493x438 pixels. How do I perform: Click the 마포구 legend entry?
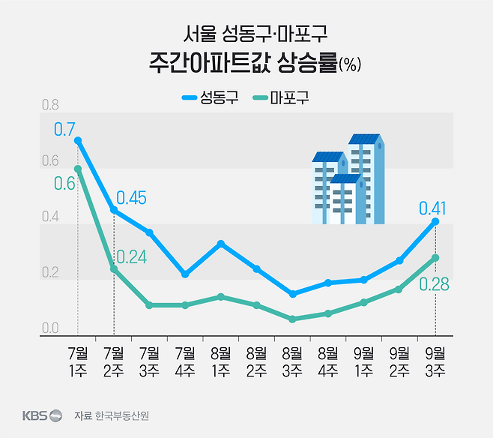282,97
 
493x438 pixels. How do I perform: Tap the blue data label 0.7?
64,130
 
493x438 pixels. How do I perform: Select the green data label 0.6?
64,184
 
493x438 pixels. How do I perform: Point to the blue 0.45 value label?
131,198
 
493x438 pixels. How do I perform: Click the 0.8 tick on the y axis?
50,104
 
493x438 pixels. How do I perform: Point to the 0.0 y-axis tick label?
50,328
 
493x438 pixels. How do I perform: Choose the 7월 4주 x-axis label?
185,360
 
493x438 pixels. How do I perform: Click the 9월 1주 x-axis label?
363,360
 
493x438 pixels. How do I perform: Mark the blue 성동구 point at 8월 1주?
220,244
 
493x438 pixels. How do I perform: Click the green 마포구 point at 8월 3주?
292,319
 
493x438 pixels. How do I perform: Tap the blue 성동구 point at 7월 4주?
185,274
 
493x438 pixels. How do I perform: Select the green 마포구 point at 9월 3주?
435,258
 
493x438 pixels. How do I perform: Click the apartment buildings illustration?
348,180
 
